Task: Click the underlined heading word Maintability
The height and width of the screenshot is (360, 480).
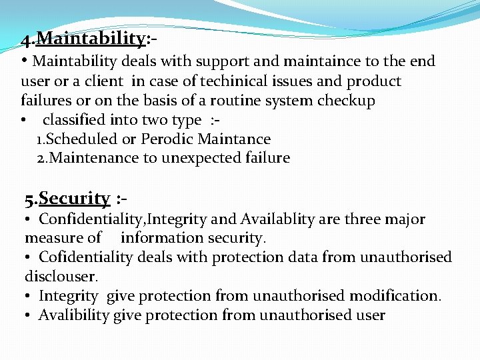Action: (91, 39)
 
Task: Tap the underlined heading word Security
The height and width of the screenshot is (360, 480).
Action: (74, 198)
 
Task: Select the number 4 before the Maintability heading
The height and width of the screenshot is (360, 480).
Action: (25, 40)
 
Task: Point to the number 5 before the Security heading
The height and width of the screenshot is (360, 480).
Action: (29, 199)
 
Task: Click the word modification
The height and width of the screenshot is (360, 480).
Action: (399, 295)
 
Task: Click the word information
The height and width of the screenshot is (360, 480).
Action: (159, 237)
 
